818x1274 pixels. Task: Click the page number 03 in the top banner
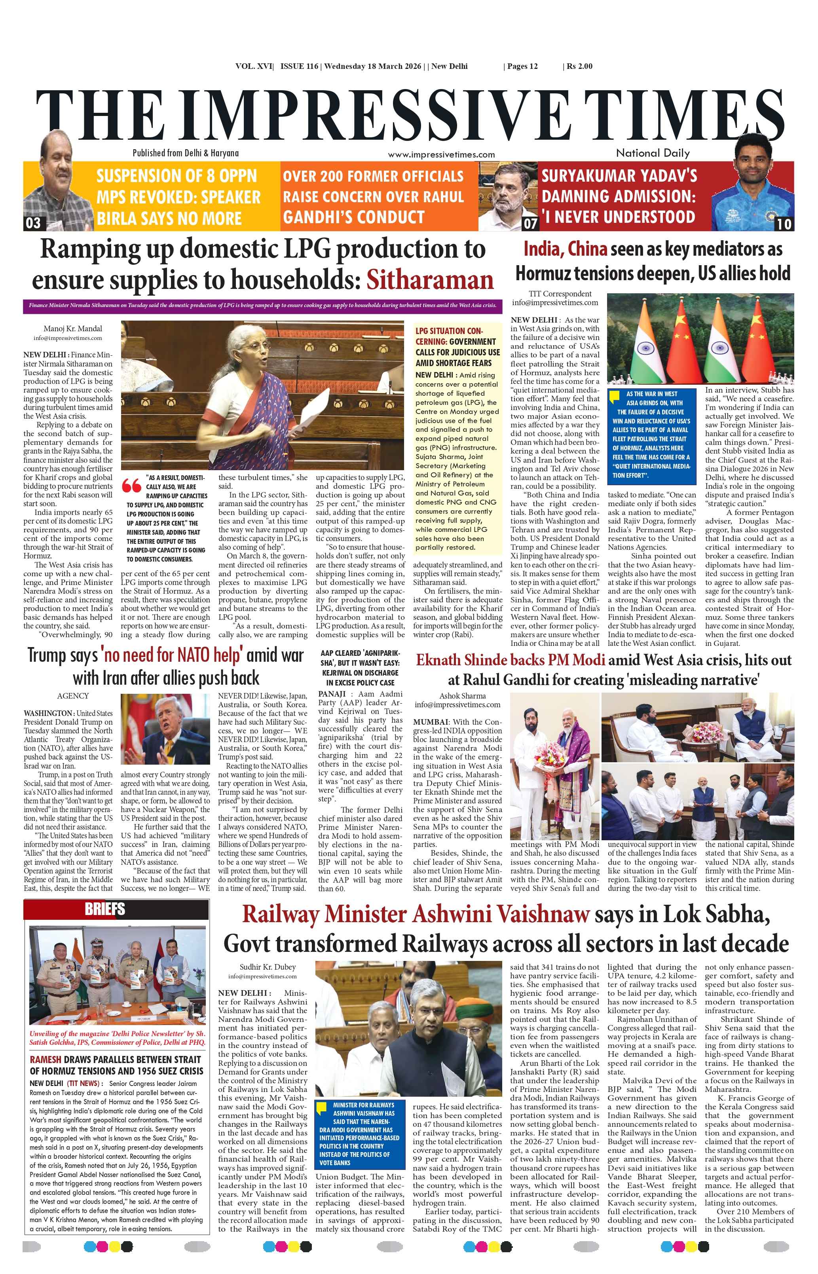click(x=33, y=222)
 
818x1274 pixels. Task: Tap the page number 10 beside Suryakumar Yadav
click(x=784, y=224)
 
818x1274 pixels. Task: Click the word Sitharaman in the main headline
click(x=429, y=280)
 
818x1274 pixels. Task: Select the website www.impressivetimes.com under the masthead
click(x=441, y=154)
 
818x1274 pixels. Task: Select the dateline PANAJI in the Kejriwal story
click(x=332, y=694)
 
